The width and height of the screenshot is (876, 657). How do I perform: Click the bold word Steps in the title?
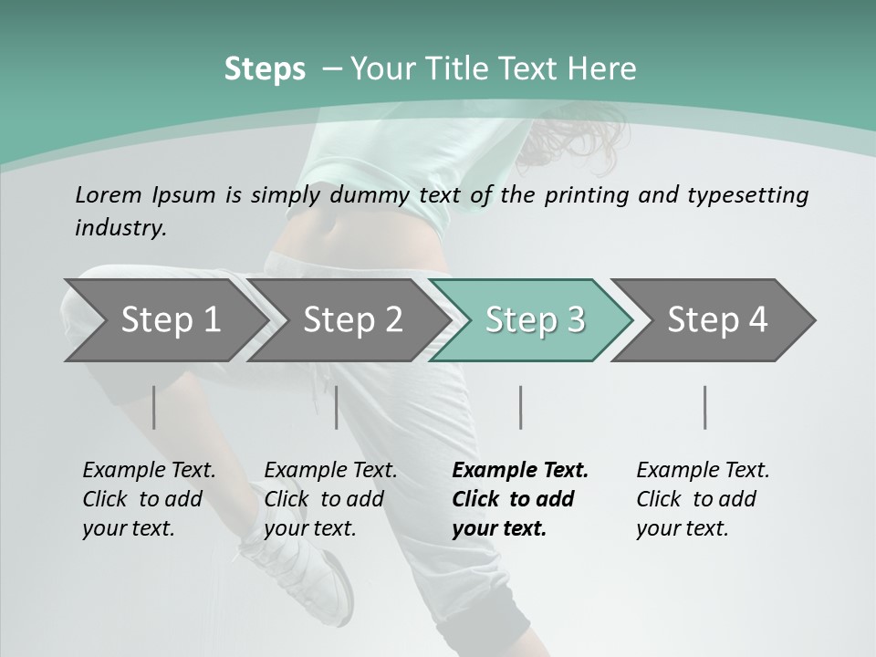[x=265, y=69]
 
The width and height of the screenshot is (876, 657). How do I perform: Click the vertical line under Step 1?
[x=154, y=407]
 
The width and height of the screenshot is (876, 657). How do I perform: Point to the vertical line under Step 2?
[x=337, y=407]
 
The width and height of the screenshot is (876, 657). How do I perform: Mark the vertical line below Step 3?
[x=520, y=407]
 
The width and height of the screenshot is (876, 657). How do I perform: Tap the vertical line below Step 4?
[x=705, y=407]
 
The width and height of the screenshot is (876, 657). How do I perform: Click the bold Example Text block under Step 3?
[x=520, y=499]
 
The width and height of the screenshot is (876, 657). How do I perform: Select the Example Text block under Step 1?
[x=149, y=499]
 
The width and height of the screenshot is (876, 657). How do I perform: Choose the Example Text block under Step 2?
[x=330, y=499]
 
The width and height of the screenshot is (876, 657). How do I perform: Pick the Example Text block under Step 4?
[x=703, y=499]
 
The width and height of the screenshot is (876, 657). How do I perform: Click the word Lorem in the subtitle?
[x=109, y=194]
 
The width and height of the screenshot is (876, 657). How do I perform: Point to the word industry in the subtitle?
[x=120, y=228]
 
